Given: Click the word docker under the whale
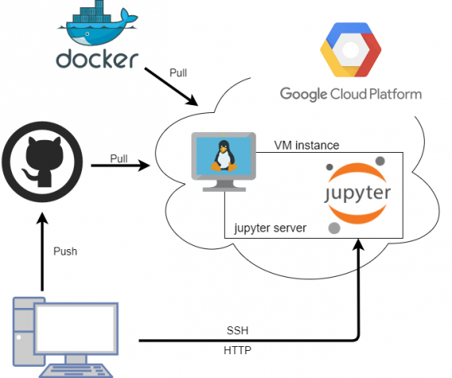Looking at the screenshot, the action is point(97,59).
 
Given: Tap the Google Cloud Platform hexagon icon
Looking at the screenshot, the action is point(350,49).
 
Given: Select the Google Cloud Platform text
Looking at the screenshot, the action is point(351,94).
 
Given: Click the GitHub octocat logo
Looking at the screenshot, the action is point(42,162).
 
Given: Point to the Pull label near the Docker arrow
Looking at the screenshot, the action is point(178,72).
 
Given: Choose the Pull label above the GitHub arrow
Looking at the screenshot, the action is point(119,158).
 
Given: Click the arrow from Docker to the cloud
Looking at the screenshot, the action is point(172,87).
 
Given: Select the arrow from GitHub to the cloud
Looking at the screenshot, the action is point(121,166).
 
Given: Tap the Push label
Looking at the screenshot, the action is point(65,251).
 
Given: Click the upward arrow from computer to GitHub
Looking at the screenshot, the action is point(42,251).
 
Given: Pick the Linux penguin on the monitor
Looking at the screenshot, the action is point(224,156).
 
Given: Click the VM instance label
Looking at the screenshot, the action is point(307,146).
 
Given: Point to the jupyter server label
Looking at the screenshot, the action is point(270,228).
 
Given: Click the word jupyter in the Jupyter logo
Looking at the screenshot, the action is point(357,193).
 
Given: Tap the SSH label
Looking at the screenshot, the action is point(238,330).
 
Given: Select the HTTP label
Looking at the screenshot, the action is point(238,350).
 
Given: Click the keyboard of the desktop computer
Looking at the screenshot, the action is point(75,372).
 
